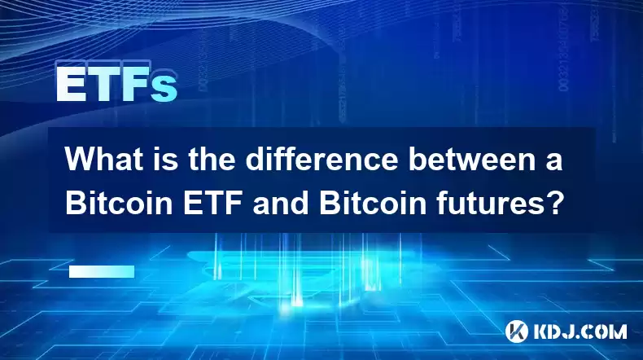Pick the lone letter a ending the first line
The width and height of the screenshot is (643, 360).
click(x=553, y=162)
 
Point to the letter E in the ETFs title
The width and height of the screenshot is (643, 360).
click(x=70, y=83)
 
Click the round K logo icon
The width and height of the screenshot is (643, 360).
click(x=517, y=331)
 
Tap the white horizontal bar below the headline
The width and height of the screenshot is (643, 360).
click(x=102, y=271)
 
